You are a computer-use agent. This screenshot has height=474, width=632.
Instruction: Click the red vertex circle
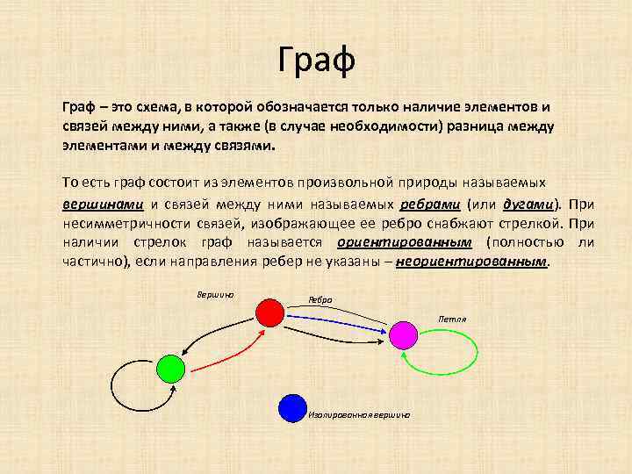point(269,312)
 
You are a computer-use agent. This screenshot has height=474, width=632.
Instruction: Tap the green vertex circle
point(169,368)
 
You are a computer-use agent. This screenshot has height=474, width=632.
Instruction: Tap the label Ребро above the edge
point(320,299)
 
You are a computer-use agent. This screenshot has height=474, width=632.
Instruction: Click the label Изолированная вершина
point(359,413)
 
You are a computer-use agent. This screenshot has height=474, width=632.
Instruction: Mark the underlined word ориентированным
point(404,242)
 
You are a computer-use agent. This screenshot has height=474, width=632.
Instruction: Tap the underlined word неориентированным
point(472,262)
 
